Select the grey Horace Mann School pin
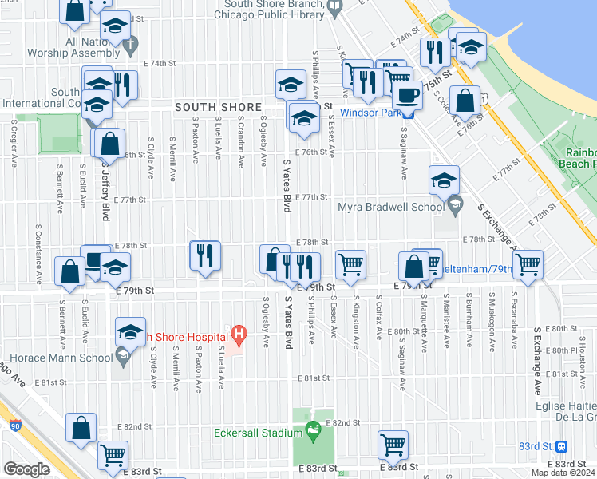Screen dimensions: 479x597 point(121,359)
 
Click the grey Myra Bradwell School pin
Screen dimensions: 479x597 point(454,204)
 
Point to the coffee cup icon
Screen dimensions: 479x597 point(407,94)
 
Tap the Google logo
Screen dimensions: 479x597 point(26,469)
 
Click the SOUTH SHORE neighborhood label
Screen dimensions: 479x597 point(218,107)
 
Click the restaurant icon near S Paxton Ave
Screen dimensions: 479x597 point(205,255)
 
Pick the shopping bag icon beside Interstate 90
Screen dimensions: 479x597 point(81,428)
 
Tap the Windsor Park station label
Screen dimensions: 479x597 point(369,113)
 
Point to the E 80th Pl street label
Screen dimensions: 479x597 point(563,349)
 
